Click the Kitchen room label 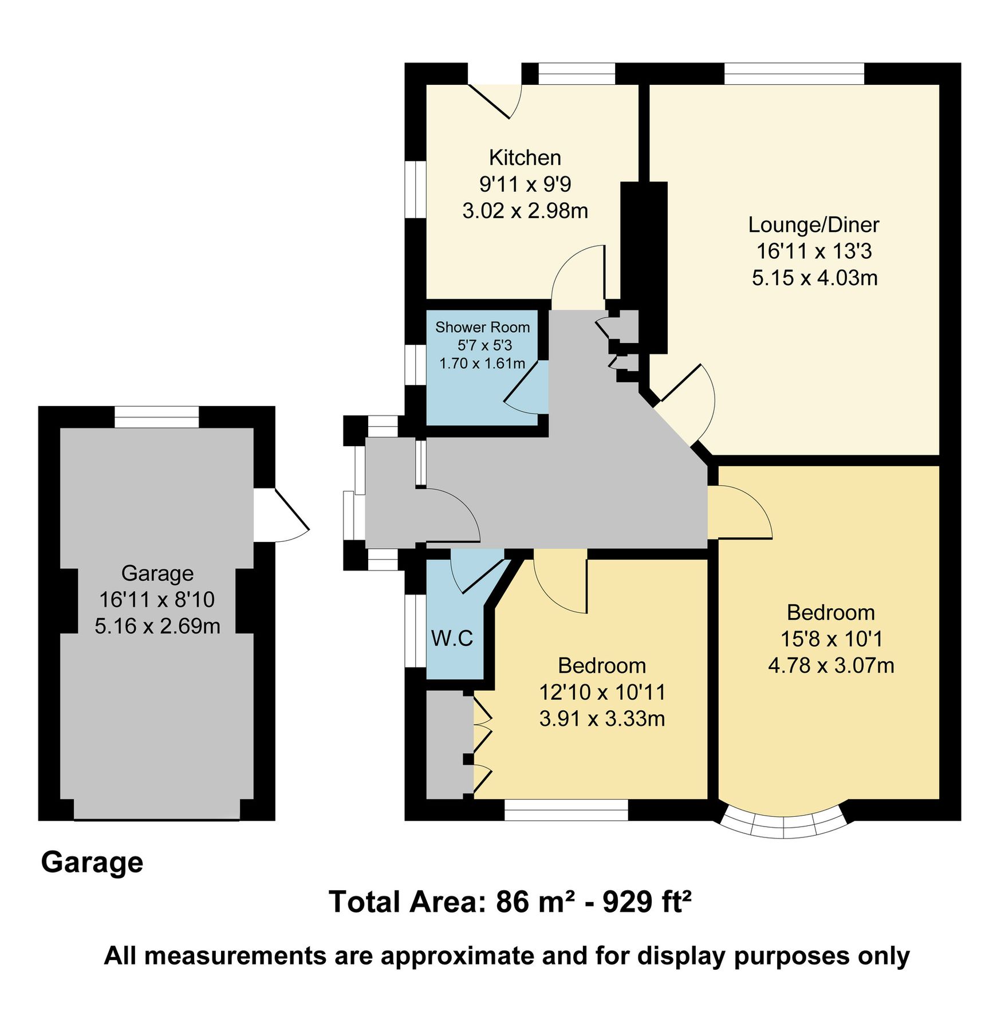coord(525,158)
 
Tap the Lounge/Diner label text coord(813,225)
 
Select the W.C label coord(452,638)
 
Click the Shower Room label coord(482,328)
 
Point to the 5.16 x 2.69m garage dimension coord(157,626)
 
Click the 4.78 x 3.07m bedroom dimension coord(830,666)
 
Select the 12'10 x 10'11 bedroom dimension coord(602,692)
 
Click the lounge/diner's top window coord(794,74)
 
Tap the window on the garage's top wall coord(156,417)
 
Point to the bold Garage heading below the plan coord(92,862)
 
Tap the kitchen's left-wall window coord(416,189)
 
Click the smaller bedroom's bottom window coord(566,810)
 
